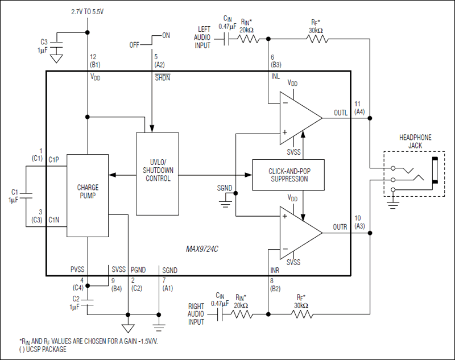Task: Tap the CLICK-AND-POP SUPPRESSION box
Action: pos(288,175)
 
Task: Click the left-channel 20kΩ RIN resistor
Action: pos(248,39)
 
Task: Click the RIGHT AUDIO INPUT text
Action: pos(196,313)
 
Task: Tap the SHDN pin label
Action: pos(162,77)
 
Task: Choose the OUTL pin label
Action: pos(340,113)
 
